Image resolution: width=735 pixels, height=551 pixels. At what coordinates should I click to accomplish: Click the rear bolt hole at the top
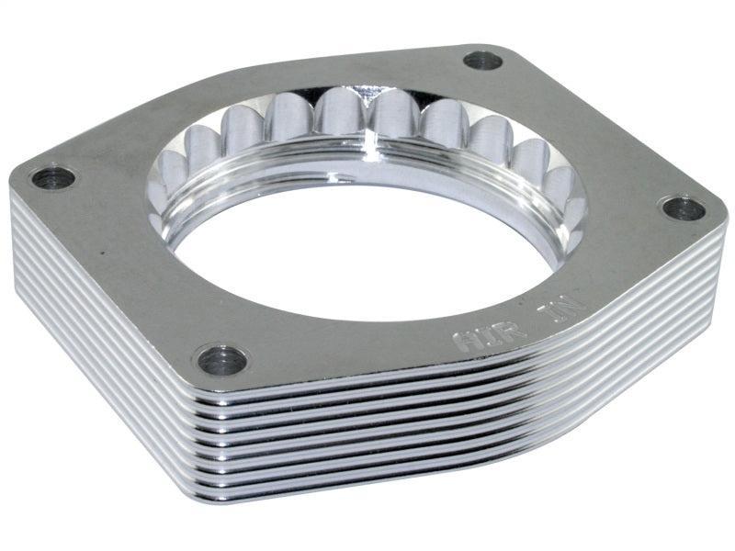[482, 61]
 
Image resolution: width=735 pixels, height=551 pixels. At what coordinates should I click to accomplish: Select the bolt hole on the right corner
[683, 208]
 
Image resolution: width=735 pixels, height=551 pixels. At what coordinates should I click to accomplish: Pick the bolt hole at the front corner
[221, 360]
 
